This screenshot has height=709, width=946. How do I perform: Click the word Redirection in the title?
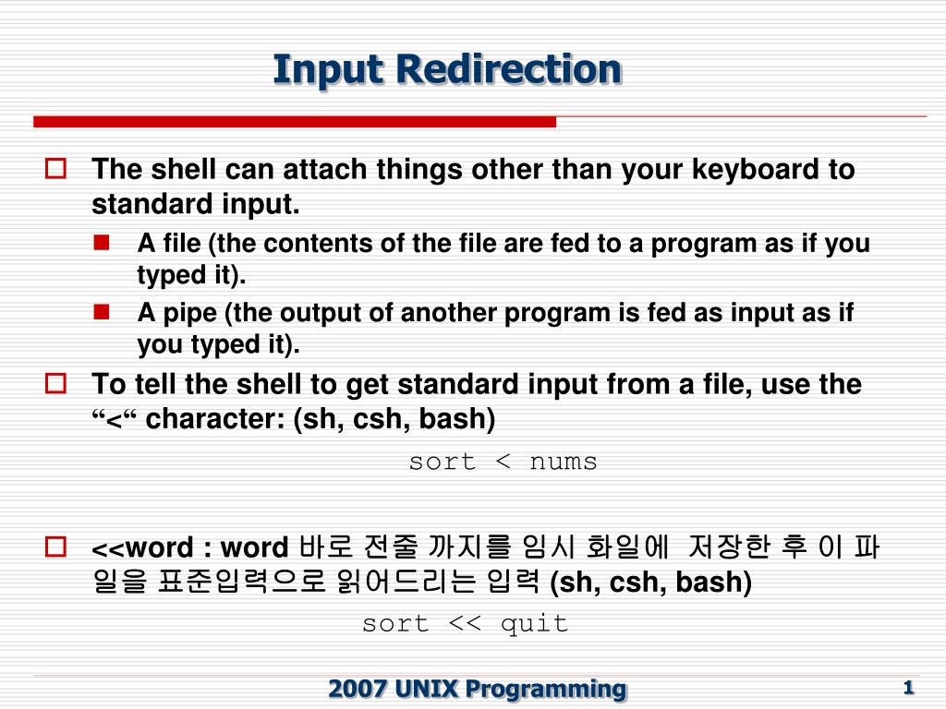tap(511, 69)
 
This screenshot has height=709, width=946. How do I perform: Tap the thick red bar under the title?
tap(295, 122)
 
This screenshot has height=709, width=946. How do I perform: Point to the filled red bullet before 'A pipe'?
tap(101, 312)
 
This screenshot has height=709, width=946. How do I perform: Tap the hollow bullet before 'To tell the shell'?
tap(55, 383)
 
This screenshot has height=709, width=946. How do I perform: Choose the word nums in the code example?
tap(564, 462)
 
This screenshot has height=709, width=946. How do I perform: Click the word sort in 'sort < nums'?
tap(442, 462)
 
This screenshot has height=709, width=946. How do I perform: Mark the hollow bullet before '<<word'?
tap(55, 547)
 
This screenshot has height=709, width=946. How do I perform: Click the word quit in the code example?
tap(534, 623)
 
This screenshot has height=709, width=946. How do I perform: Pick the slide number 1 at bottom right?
tap(908, 687)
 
